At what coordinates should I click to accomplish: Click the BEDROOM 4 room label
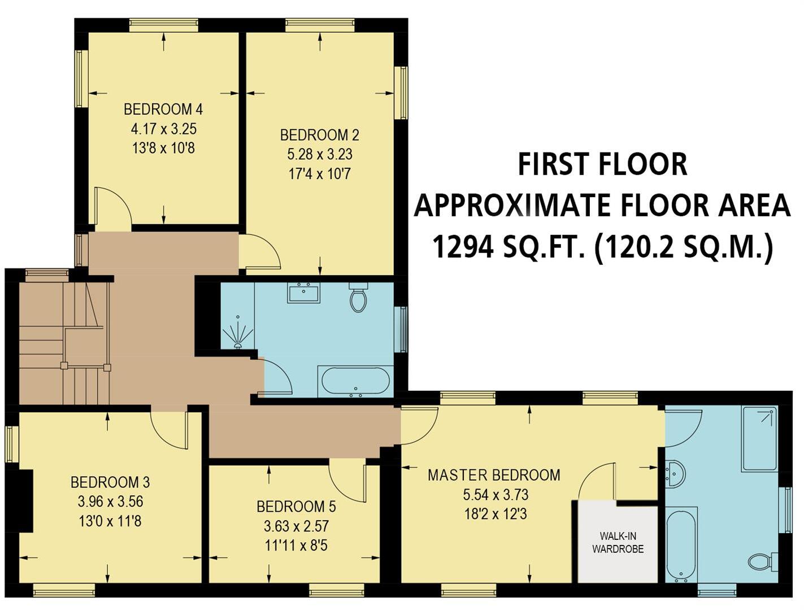point(163,109)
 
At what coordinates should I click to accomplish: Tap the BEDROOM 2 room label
point(319,135)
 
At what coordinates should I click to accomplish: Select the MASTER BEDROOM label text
point(494,475)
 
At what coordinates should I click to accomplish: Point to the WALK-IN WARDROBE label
point(618,542)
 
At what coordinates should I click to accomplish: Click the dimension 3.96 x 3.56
point(110,502)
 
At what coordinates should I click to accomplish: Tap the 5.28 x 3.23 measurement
point(319,154)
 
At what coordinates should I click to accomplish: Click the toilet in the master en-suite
point(760,561)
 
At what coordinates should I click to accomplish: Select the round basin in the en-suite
point(675,474)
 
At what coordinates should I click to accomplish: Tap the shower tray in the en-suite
point(759,438)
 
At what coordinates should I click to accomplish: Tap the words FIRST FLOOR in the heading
point(602,164)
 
